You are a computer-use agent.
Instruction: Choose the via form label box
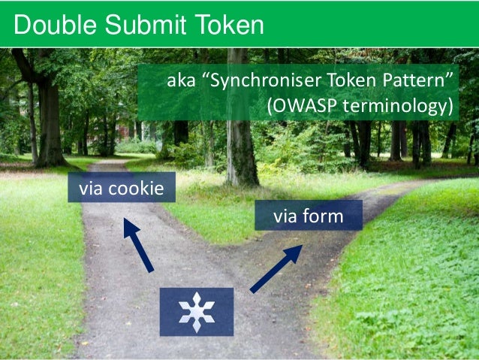pos(309,216)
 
